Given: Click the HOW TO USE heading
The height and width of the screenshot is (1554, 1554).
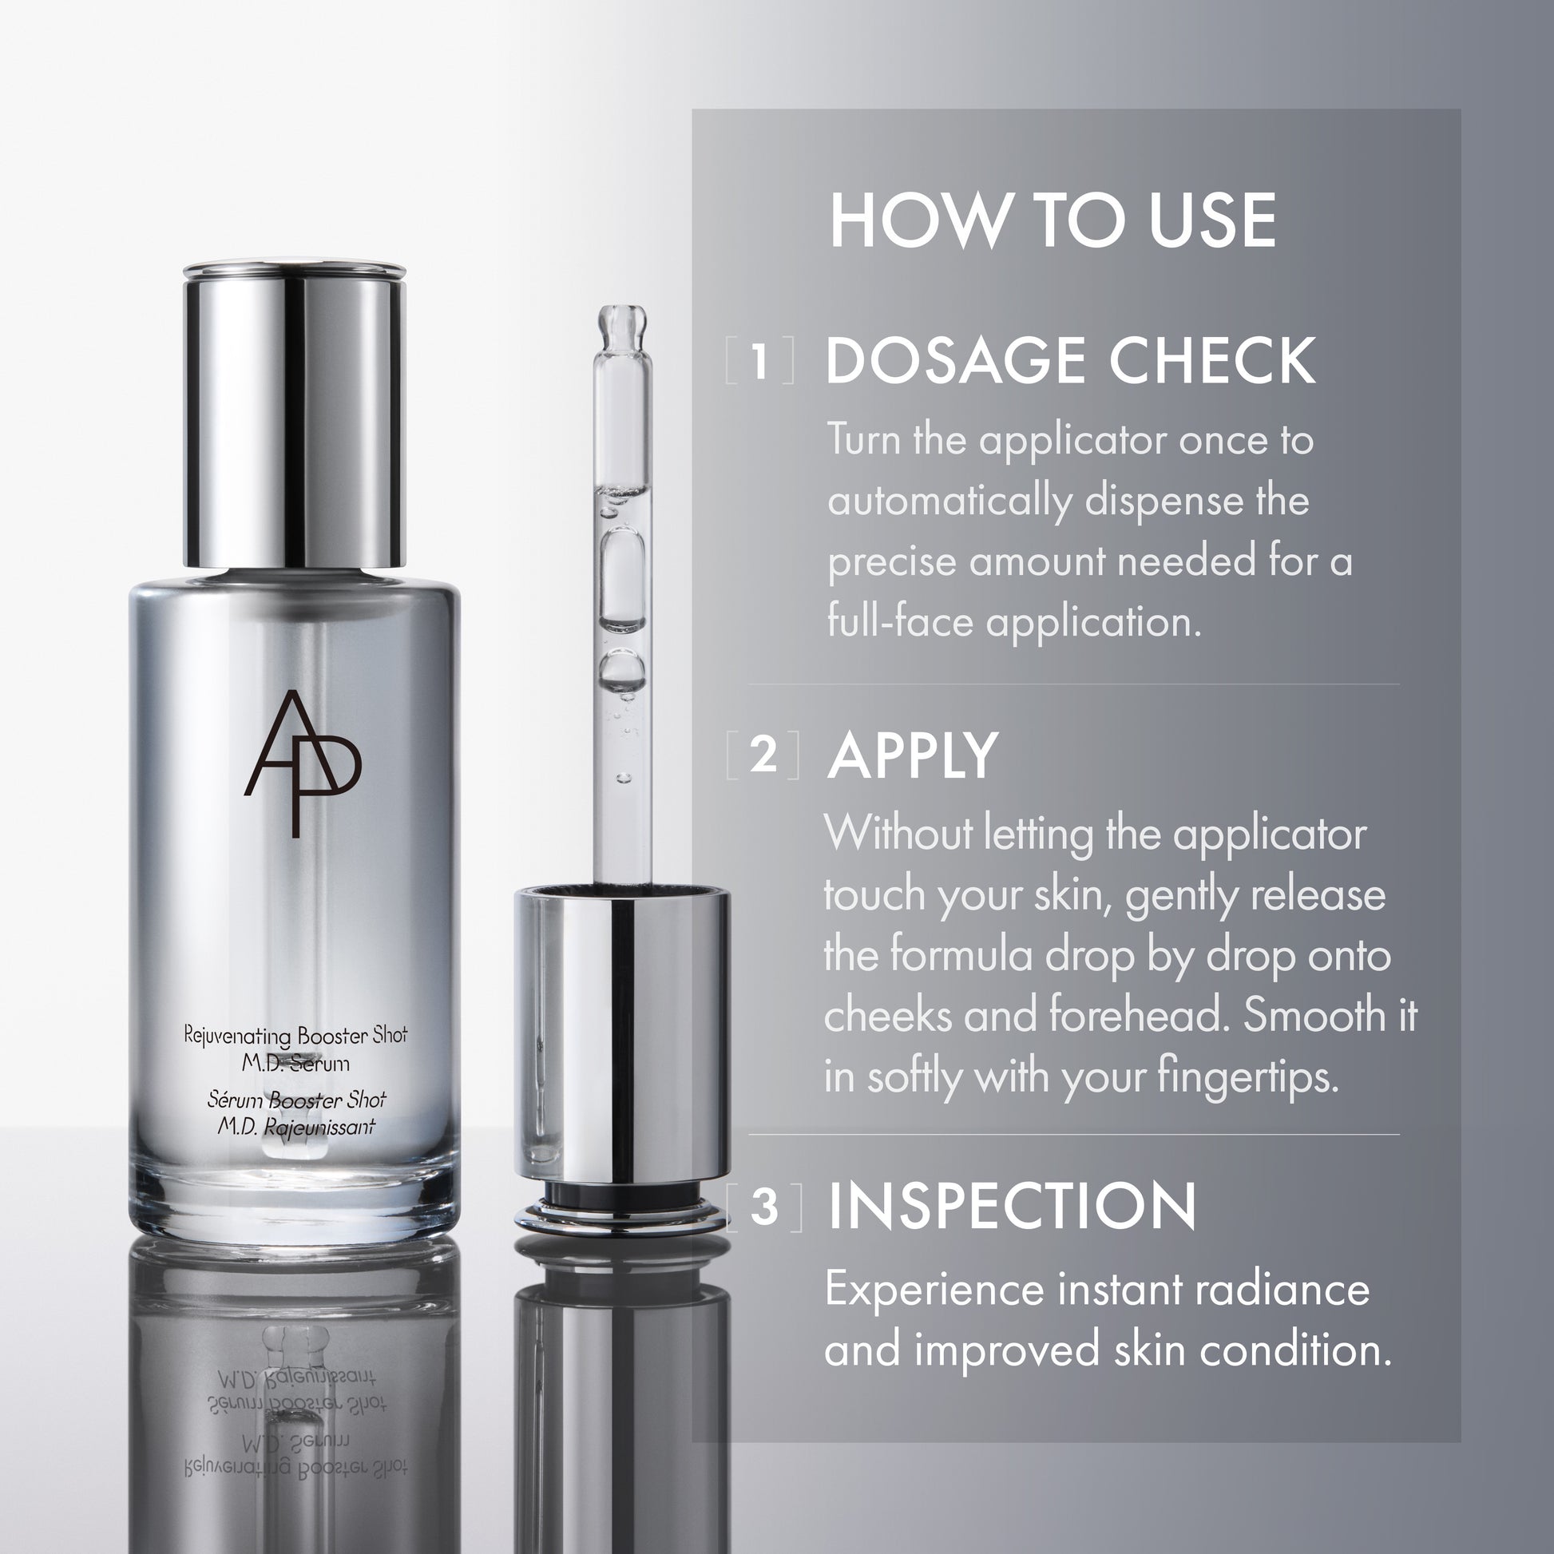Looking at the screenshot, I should [1052, 220].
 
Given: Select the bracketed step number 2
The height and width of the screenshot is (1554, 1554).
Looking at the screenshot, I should [763, 755].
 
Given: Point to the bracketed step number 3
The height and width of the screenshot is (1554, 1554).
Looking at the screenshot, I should [765, 1207].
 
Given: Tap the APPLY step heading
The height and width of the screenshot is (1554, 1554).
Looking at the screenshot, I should [912, 756].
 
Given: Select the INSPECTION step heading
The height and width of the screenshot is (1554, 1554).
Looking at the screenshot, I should [1012, 1206].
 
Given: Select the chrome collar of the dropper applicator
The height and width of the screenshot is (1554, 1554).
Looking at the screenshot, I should [622, 1037].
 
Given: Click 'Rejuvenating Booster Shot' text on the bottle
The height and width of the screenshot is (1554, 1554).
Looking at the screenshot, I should [295, 1035].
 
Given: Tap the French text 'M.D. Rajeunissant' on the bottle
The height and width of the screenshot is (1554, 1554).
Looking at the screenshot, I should [295, 1127].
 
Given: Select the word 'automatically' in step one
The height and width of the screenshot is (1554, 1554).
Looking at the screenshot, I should [950, 502].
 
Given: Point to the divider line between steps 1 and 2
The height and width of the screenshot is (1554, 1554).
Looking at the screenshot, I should [1074, 684].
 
